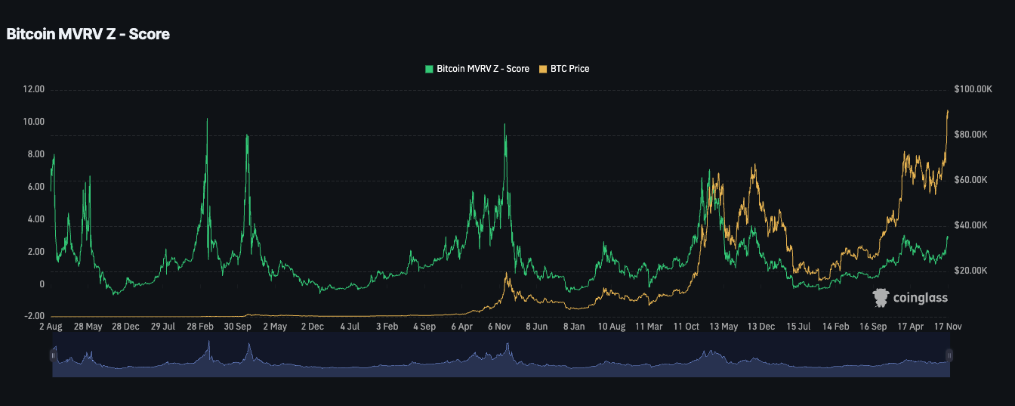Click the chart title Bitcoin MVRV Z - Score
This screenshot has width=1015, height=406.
click(88, 34)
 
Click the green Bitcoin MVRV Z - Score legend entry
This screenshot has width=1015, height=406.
click(477, 69)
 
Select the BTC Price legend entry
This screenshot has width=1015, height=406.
click(563, 69)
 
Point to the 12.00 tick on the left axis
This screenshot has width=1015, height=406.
click(35, 89)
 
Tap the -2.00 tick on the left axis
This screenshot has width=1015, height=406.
click(35, 317)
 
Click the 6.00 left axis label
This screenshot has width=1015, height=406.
click(35, 187)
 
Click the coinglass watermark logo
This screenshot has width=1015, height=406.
click(910, 298)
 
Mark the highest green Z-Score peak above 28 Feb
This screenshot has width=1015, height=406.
click(207, 119)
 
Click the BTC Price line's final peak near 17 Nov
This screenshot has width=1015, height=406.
click(948, 111)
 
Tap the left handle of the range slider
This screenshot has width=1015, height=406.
click(54, 355)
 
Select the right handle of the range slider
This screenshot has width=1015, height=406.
click(949, 355)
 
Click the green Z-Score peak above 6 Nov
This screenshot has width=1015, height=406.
click(505, 124)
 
